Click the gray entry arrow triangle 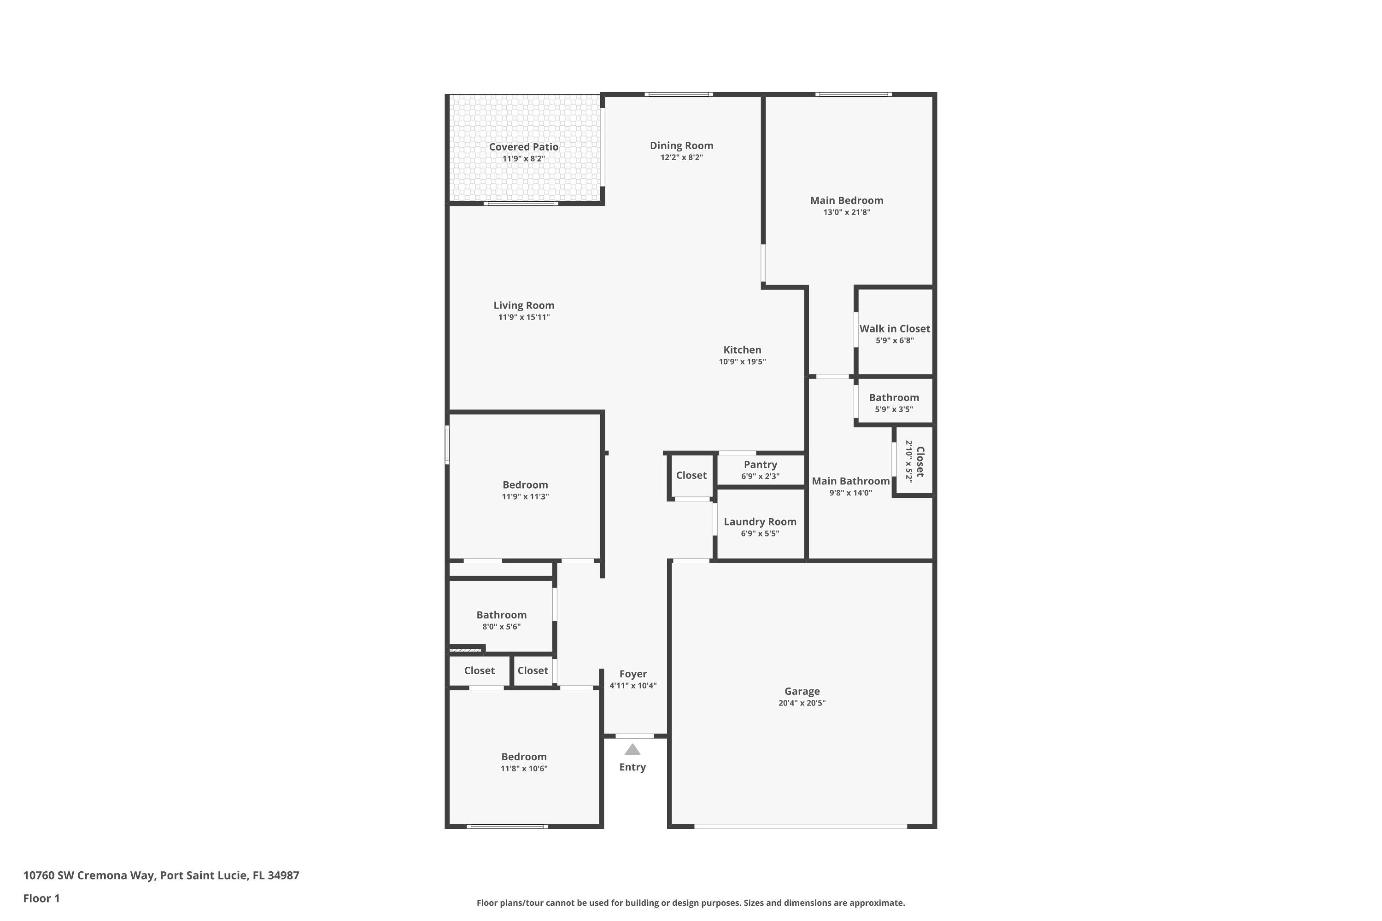(x=632, y=750)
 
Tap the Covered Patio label (x=523, y=147)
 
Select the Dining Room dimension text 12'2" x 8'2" (x=682, y=157)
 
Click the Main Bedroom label (x=847, y=200)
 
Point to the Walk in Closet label (x=894, y=328)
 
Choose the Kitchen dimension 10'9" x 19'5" (x=742, y=362)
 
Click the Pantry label (x=761, y=465)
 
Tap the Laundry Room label (x=760, y=522)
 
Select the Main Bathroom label (x=850, y=481)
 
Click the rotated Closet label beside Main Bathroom (x=920, y=462)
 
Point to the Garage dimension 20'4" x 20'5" (x=802, y=703)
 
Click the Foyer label (x=633, y=674)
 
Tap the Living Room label (x=523, y=305)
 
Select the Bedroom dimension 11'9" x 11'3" (x=525, y=496)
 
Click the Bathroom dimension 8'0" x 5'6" (x=501, y=627)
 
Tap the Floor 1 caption (x=41, y=898)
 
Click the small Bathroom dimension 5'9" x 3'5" (x=894, y=409)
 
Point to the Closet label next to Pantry (x=691, y=475)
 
